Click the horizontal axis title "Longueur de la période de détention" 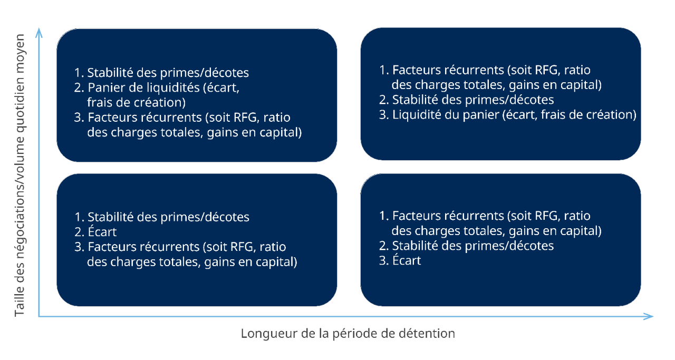tap(348, 334)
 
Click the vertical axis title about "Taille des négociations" tap(20, 175)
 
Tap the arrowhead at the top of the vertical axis tap(39, 33)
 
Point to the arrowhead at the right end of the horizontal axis tap(648, 316)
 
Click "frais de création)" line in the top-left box tap(136, 102)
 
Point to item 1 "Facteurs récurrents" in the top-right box tap(448, 70)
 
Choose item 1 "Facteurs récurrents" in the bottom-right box tap(448, 216)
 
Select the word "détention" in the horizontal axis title tap(427, 334)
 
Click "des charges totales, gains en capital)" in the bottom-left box tap(192, 262)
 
